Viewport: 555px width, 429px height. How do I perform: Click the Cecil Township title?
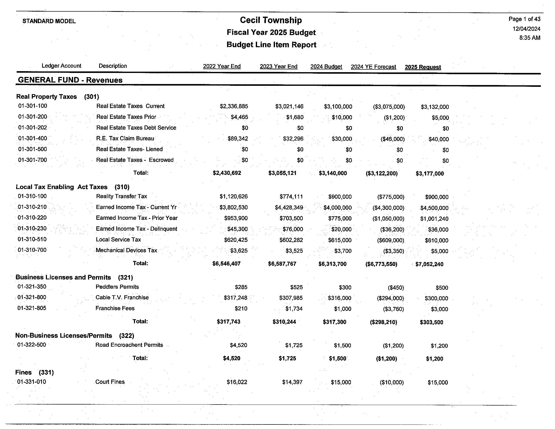coord(271,20)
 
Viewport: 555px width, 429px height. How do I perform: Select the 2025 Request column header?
coord(423,67)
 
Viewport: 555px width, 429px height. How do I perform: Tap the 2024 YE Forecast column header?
coord(373,67)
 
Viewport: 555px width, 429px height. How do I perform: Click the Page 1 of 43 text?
coord(524,19)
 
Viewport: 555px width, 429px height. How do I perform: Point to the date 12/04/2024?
coord(526,29)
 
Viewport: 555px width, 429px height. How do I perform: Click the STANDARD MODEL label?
coord(49,21)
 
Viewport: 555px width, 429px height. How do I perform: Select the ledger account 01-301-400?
coord(33,138)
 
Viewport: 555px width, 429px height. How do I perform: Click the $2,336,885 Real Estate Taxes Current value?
coord(234,106)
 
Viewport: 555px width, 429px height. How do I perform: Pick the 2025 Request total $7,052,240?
coord(429,264)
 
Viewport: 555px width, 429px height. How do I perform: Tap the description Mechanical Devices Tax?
coord(126,250)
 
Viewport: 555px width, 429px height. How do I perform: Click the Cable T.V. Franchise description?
coord(122,297)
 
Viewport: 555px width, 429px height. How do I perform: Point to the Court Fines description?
coord(110,382)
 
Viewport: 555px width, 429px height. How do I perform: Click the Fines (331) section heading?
coord(34,372)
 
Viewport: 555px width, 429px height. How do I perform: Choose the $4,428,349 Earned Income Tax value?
coord(289,208)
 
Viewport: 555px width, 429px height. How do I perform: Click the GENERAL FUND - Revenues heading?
coord(70,80)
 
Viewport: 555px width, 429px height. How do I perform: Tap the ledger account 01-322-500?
coord(32,345)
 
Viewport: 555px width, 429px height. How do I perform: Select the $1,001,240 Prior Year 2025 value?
coord(434,219)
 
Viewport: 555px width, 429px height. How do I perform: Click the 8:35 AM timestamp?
coord(530,38)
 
